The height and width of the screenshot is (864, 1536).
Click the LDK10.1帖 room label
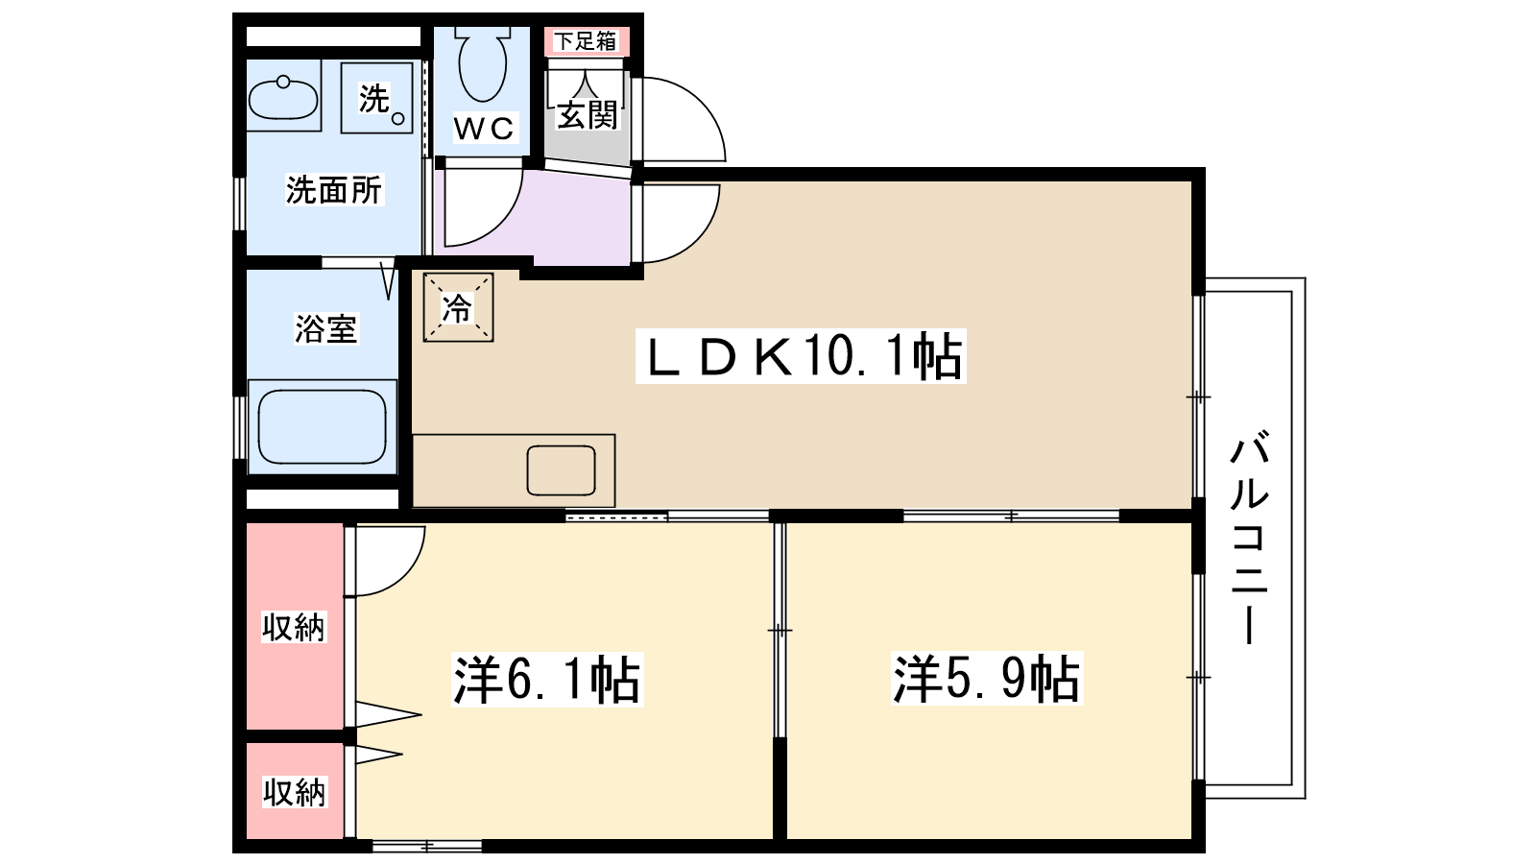point(801,357)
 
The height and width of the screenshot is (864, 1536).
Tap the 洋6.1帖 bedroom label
point(546,680)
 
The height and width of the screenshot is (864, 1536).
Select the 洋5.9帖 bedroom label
point(986,679)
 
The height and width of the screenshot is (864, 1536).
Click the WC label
point(484,128)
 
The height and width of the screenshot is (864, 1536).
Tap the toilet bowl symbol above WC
point(482,65)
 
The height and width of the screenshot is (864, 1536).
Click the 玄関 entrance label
point(587,115)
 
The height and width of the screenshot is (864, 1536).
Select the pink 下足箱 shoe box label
point(586,41)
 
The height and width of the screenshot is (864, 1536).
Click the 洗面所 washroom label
point(334,190)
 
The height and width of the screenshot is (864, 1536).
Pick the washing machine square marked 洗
point(377,98)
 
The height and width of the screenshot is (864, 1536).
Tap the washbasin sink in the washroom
point(283,98)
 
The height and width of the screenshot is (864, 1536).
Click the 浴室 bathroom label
point(325,329)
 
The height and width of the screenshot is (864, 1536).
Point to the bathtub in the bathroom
point(323,426)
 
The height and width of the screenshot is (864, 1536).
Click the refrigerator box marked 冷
point(458,307)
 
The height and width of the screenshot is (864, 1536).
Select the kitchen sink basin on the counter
point(561,470)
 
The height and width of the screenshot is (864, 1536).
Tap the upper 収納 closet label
point(294,627)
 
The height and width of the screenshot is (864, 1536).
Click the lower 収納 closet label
point(295,792)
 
